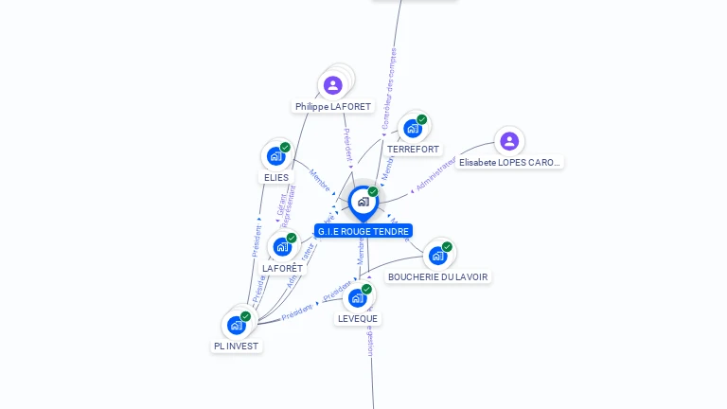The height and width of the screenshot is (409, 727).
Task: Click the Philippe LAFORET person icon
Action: (x=332, y=86)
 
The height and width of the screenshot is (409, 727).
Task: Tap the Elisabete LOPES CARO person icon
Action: (x=509, y=141)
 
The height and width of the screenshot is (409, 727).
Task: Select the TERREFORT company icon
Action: (x=412, y=128)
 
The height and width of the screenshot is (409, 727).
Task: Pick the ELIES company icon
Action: (x=275, y=155)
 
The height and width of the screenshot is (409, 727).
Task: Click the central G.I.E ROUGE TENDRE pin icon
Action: (x=363, y=202)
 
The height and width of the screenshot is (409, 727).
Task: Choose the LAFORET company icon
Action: (x=282, y=246)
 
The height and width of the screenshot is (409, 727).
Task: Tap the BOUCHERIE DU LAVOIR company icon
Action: (x=437, y=255)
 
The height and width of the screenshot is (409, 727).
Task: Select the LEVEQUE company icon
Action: (x=357, y=297)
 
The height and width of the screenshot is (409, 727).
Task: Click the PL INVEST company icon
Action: (x=237, y=325)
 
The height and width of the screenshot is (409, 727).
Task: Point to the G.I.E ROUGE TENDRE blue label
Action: (x=363, y=231)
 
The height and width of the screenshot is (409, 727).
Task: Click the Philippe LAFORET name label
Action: (x=333, y=107)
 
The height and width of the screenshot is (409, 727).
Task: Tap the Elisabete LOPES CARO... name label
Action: (x=509, y=163)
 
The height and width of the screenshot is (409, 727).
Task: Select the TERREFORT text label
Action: (x=413, y=150)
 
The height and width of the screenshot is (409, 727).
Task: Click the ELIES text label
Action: (x=276, y=177)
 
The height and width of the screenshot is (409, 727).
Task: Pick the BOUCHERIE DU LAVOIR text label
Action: (x=438, y=277)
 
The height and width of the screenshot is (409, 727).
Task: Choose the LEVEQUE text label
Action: (x=358, y=319)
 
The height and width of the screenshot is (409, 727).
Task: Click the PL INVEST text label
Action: (x=237, y=347)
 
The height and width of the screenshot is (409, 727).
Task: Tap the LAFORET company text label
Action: (x=283, y=269)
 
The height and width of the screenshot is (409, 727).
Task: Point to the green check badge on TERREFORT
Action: (x=421, y=119)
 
